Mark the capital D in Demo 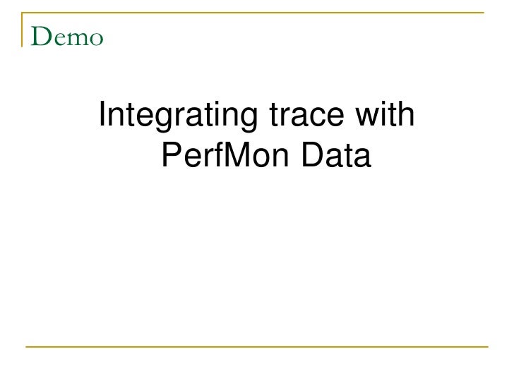(41, 37)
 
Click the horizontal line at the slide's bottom (257, 346)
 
